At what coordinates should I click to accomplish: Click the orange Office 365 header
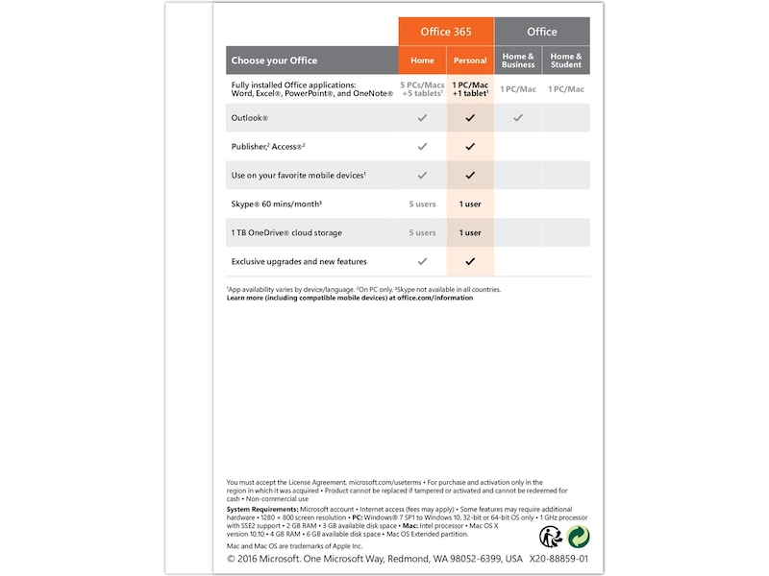coord(446,32)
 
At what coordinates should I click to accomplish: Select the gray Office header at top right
coord(541,32)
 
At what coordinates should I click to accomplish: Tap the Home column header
coord(422,60)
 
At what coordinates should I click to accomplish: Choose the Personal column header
coord(470,60)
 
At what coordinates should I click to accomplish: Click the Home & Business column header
coord(518,60)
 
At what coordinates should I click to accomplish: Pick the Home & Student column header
coord(566,60)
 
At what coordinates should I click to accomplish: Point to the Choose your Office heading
coord(274,60)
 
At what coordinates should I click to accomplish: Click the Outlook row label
coord(250,118)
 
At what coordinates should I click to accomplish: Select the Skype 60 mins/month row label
coord(276,204)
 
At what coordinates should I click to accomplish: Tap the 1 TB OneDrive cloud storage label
coord(286,232)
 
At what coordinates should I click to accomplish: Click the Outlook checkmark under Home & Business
coord(518,118)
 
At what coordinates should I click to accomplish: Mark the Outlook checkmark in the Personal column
coord(470,118)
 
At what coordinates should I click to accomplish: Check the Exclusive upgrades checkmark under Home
coord(422,261)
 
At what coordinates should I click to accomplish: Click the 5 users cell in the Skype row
coord(422,204)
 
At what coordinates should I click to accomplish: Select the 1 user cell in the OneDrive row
coord(470,232)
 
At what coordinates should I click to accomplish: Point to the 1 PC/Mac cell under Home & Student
coord(566,89)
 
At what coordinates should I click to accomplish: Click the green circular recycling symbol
coord(578,537)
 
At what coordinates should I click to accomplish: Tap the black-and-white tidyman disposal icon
coord(552,537)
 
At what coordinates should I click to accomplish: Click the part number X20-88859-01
coord(558,559)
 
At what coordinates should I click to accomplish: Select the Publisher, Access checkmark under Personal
coord(470,147)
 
